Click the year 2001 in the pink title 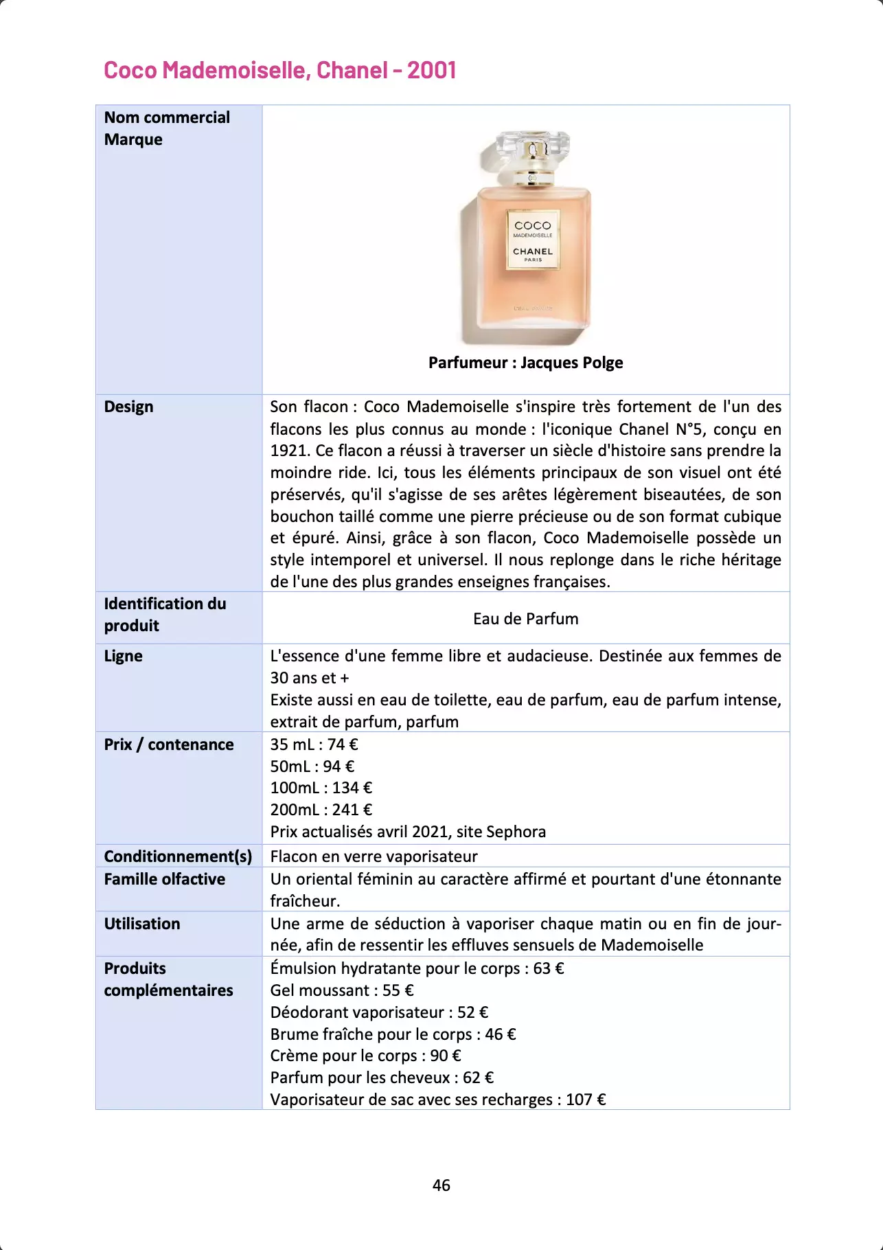(431, 70)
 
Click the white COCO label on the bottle (533, 240)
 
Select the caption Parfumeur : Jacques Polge (525, 363)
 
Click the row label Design (128, 407)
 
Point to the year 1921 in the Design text (288, 451)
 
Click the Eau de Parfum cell (525, 619)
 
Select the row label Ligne (123, 656)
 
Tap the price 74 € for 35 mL (343, 745)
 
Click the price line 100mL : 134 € (321, 788)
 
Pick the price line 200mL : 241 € (321, 810)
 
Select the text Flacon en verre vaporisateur (374, 856)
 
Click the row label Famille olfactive (164, 879)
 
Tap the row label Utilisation (141, 924)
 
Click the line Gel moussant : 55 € (341, 990)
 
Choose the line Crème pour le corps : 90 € (365, 1056)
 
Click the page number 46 (441, 1185)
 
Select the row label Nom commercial (167, 117)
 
